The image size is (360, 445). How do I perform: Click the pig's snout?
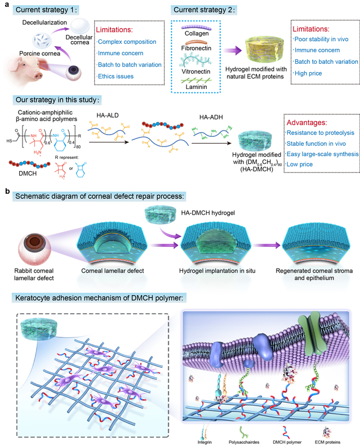pos(38,76)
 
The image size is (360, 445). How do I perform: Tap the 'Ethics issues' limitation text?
pos(115,77)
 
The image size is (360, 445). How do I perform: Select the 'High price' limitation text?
pos(308,73)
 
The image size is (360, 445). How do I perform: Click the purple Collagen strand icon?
pos(196,28)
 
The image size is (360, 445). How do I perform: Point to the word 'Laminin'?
pos(196,87)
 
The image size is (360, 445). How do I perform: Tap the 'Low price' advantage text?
pos(300,164)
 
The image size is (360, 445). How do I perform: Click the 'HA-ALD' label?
pos(108,115)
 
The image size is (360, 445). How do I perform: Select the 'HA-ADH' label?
pos(211,117)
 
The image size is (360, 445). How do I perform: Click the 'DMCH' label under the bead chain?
pos(28,173)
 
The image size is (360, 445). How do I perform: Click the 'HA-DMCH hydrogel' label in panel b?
pos(208,213)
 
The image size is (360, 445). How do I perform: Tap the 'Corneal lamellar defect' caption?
pos(113,271)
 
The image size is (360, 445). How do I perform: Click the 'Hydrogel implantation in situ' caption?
pos(217,271)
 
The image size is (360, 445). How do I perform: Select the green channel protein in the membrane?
pos(312,333)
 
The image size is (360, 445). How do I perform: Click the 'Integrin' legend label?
pos(205,442)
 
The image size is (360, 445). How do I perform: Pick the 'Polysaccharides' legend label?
pos(244,442)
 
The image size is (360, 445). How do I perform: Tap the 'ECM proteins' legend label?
pos(327,442)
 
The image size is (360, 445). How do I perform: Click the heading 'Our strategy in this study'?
pos(57,100)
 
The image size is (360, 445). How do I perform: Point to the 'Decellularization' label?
pos(45,23)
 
